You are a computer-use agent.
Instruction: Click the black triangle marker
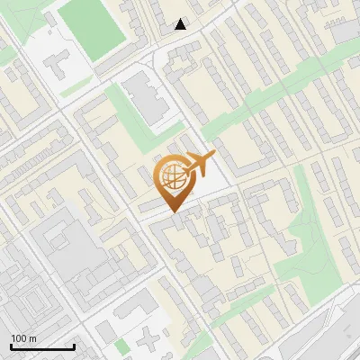click(181, 24)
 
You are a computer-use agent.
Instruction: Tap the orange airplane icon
click(200, 165)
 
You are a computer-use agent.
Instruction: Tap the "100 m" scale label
click(23, 338)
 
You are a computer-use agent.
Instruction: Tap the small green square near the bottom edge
click(122, 346)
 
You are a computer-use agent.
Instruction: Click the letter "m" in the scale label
click(32, 338)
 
